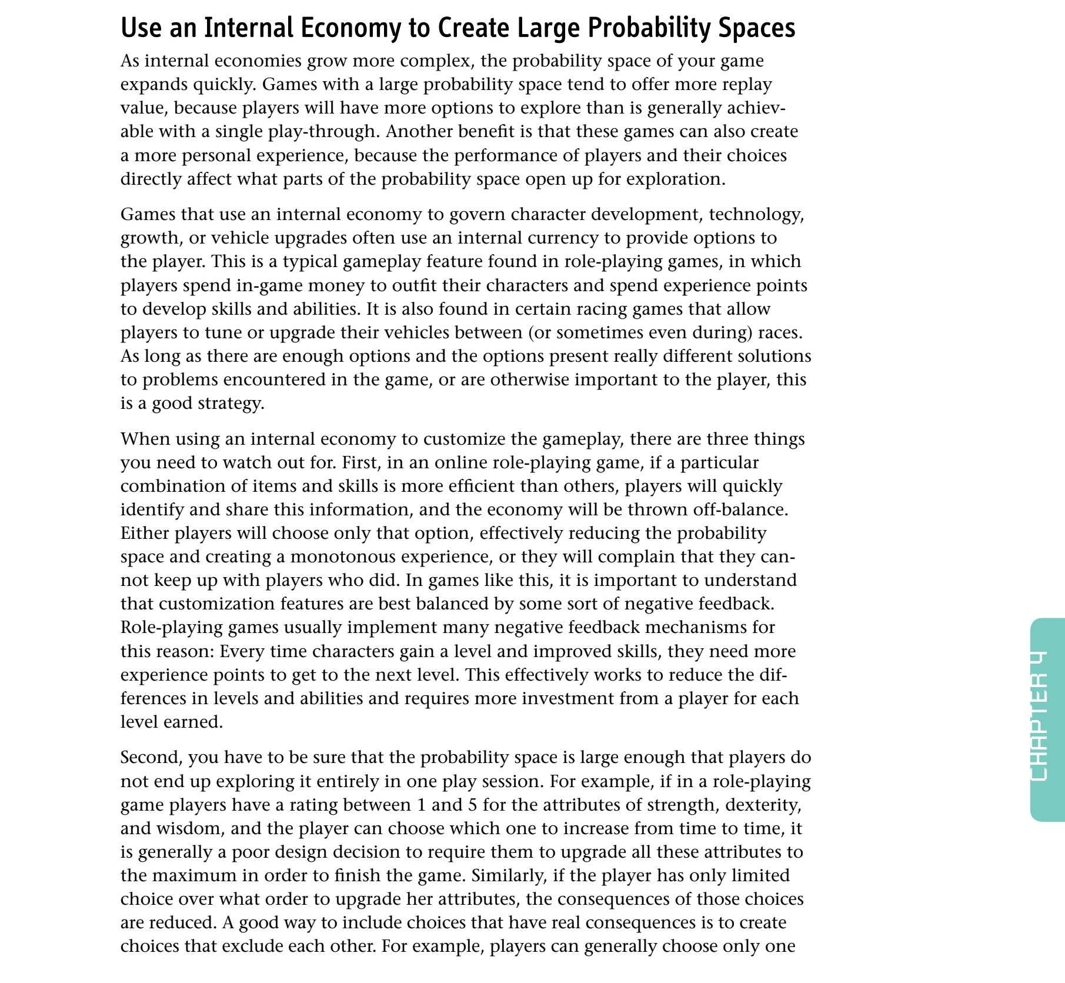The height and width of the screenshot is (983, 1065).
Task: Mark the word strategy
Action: (232, 404)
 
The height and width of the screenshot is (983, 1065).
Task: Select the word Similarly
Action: (509, 875)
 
